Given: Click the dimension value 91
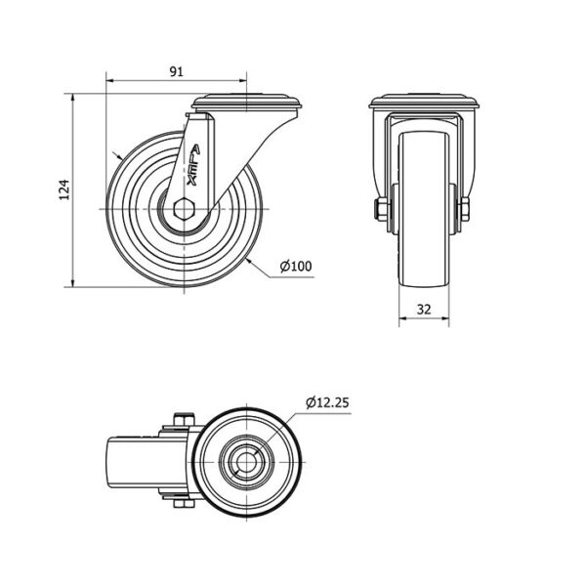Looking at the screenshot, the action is pos(177,71).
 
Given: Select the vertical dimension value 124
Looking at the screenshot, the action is pos(64,189).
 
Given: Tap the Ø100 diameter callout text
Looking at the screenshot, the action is pos(296,266).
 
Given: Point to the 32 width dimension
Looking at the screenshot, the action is pos(424,310).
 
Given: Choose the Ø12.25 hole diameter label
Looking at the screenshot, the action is pos(327,402).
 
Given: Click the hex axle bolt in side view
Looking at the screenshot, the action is pos(184,209).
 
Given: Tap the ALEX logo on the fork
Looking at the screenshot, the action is pos(193,165).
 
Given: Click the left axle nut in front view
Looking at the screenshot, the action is pos(379,209).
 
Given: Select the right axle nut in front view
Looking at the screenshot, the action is pos(465,209).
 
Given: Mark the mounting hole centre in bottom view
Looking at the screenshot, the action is pos(247,462).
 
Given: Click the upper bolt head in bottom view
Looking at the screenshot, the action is pos(185,419).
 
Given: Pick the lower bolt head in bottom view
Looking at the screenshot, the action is pos(185,504).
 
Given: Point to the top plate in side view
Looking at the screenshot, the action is pos(247,102).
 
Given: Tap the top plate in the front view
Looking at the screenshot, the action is pos(424,102).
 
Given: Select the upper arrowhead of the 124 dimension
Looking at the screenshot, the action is pos(72,99).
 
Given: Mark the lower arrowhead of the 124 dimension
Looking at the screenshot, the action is pos(72,282).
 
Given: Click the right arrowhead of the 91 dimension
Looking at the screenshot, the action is pos(242,80).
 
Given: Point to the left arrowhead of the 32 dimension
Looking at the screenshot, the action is pos(403,318).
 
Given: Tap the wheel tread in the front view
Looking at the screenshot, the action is pos(424,209).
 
